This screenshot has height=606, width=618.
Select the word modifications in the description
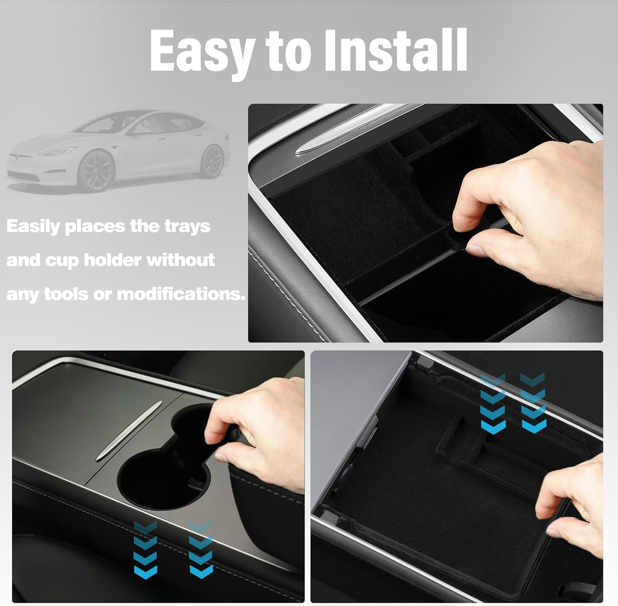181,294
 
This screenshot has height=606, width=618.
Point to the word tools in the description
66,294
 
